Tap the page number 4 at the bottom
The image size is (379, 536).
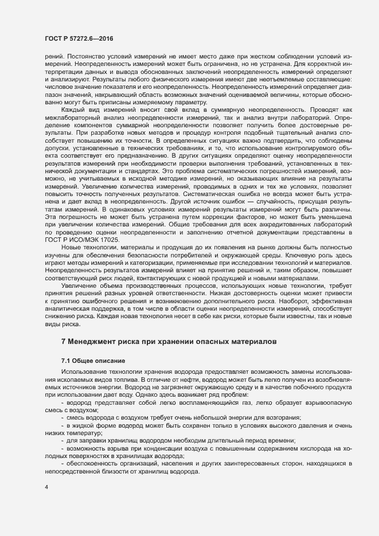pyautogui.click(x=46, y=488)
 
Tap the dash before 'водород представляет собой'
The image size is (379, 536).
pyautogui.click(x=62, y=402)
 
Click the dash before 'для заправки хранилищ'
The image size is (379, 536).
pyautogui.click(x=62, y=440)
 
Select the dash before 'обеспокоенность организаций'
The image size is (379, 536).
pyautogui.click(x=62, y=462)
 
